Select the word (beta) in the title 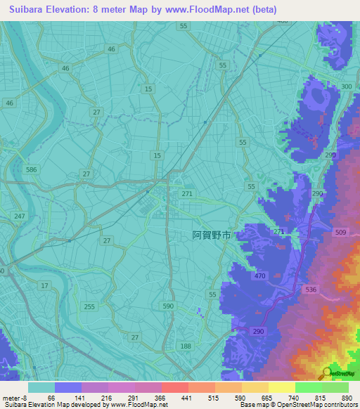coord(262,10)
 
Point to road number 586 coord(31,170)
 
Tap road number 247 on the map coord(19,216)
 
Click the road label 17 coord(45,285)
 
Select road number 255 coord(89,306)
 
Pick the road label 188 coord(186,346)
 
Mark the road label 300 coord(346,86)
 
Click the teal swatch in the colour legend coord(41,387)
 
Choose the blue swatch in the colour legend coord(68,387)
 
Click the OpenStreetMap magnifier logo coord(328,372)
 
